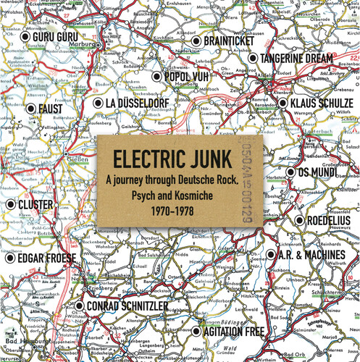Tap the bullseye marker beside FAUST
pyautogui.click(x=30, y=109)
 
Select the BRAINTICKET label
pyautogui.click(x=228, y=41)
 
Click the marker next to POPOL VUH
pyautogui.click(x=156, y=76)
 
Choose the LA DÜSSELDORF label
pyautogui.click(x=137, y=104)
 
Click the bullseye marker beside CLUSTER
pyautogui.click(x=11, y=205)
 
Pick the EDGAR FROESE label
pyautogui.click(x=46, y=257)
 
